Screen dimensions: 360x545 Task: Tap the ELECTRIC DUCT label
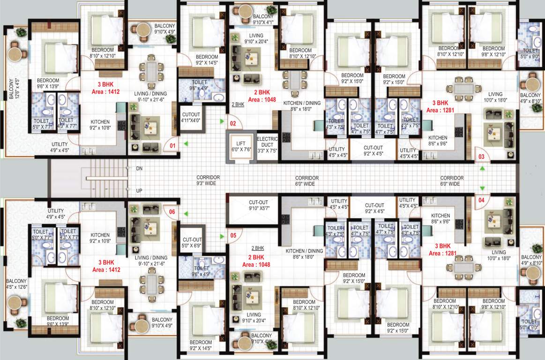coord(267,144)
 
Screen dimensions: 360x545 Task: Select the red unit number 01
coord(172,146)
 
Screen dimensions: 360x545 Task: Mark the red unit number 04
coord(481,200)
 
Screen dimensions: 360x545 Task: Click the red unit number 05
coord(232,235)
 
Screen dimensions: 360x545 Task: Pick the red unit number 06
coord(172,212)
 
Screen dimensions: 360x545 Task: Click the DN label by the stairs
coord(139,168)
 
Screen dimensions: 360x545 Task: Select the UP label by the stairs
coord(139,191)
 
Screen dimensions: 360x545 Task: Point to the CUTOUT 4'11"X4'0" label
coord(190,117)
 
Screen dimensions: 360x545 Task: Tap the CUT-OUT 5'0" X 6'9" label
coord(191,242)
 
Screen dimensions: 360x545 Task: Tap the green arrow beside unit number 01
coord(186,143)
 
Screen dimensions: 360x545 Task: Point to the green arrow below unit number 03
coord(481,167)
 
